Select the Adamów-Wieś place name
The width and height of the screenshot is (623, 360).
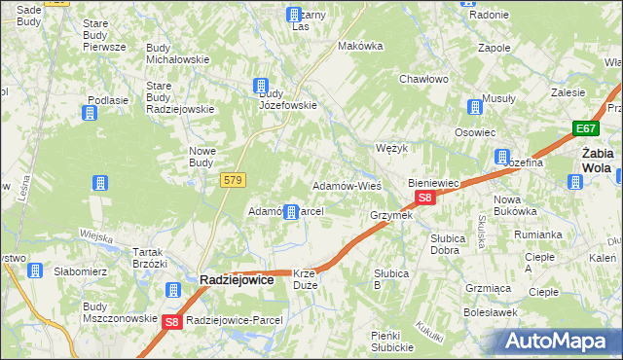click(346, 185)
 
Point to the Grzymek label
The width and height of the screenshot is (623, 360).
click(391, 215)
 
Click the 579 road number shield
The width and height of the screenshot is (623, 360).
click(234, 180)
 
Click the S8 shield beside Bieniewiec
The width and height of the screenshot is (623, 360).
click(424, 198)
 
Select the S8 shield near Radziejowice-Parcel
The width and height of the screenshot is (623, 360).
click(171, 321)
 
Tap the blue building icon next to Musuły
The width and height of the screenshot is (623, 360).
click(475, 107)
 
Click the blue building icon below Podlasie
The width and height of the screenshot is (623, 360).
click(90, 114)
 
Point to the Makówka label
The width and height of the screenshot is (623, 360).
click(356, 46)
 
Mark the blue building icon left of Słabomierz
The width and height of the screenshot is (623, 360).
click(35, 271)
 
